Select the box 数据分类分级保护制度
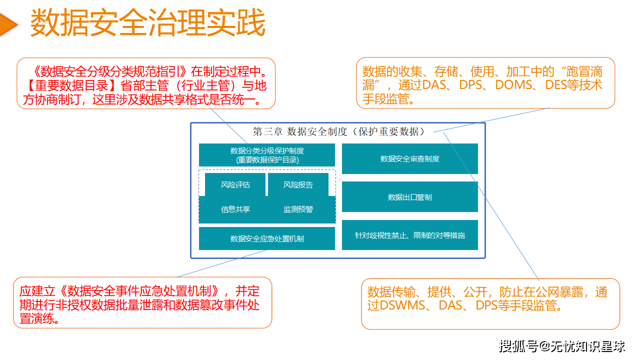pyautogui.click(x=267, y=155)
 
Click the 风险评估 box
pyautogui.click(x=235, y=184)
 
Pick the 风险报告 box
pyautogui.click(x=298, y=184)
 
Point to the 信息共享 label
pyautogui.click(x=235, y=209)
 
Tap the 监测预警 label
pyautogui.click(x=298, y=209)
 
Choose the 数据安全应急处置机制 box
pyautogui.click(x=267, y=238)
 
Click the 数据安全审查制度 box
pyautogui.click(x=410, y=158)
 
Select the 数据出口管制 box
pyautogui.click(x=410, y=197)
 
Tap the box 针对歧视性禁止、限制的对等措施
pyautogui.click(x=410, y=235)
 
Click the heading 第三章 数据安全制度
pyautogui.click(x=339, y=131)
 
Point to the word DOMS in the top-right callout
pyautogui.click(x=513, y=85)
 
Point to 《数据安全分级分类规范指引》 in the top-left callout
pyautogui.click(x=108, y=70)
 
